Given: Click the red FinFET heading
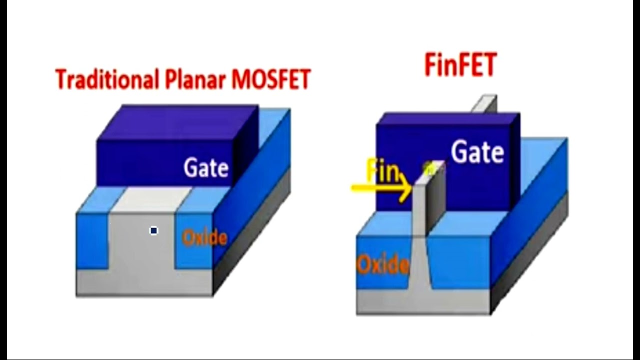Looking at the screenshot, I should click(x=460, y=65).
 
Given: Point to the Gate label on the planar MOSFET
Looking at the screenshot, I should click(x=206, y=168).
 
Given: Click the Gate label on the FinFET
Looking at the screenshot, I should click(x=477, y=152).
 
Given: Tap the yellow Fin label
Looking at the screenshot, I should click(x=383, y=171).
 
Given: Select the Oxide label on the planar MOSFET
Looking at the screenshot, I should click(x=204, y=238).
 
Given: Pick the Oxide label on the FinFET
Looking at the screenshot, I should click(x=382, y=264).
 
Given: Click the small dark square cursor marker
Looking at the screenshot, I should click(x=153, y=230).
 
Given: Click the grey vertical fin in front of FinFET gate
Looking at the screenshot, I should click(x=418, y=210).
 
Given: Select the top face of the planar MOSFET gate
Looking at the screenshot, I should click(x=177, y=122).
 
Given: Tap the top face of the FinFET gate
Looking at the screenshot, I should click(x=447, y=118).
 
